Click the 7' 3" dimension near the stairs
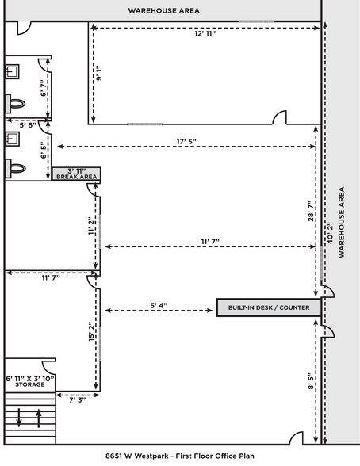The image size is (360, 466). point(76,402)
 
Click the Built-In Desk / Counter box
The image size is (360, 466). point(269,307)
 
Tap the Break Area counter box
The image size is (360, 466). point(76,174)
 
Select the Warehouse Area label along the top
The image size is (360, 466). point(163,10)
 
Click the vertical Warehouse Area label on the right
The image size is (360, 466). point(342,222)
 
